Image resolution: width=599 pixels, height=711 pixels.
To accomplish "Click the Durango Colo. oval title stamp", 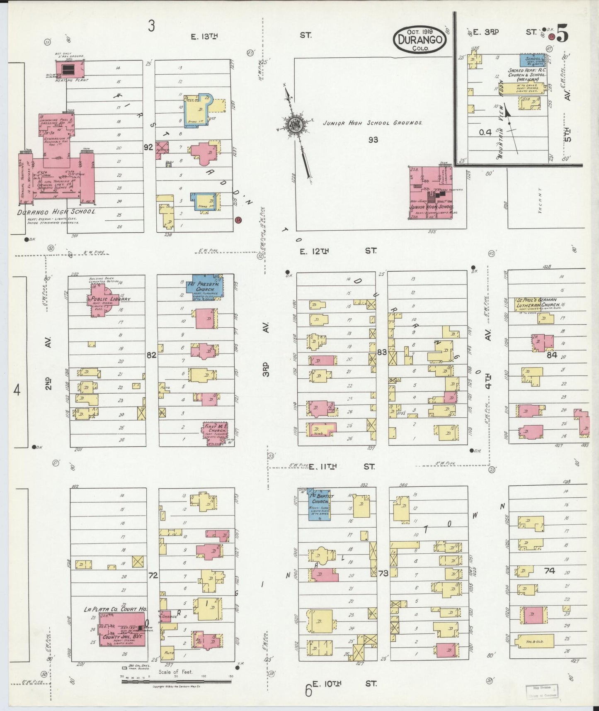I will (420, 40).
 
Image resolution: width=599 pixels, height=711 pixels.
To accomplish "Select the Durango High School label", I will (56, 212).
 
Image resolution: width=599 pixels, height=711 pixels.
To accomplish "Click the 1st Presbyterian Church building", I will (207, 286).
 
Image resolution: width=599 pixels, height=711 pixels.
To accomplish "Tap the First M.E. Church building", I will (215, 433).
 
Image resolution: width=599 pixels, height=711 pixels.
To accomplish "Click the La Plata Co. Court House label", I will (115, 609).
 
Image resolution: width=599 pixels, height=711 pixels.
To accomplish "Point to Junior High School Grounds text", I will (372, 123).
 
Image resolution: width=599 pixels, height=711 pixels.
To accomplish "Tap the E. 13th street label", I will (204, 37).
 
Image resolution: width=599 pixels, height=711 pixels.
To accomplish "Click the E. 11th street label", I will (323, 467).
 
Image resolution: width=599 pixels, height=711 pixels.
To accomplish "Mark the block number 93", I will (373, 140).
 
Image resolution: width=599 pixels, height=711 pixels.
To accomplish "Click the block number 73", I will (383, 573).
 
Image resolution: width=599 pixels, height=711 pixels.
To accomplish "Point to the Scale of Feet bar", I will (176, 681).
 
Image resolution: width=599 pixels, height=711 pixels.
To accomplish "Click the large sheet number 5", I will (563, 33).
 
